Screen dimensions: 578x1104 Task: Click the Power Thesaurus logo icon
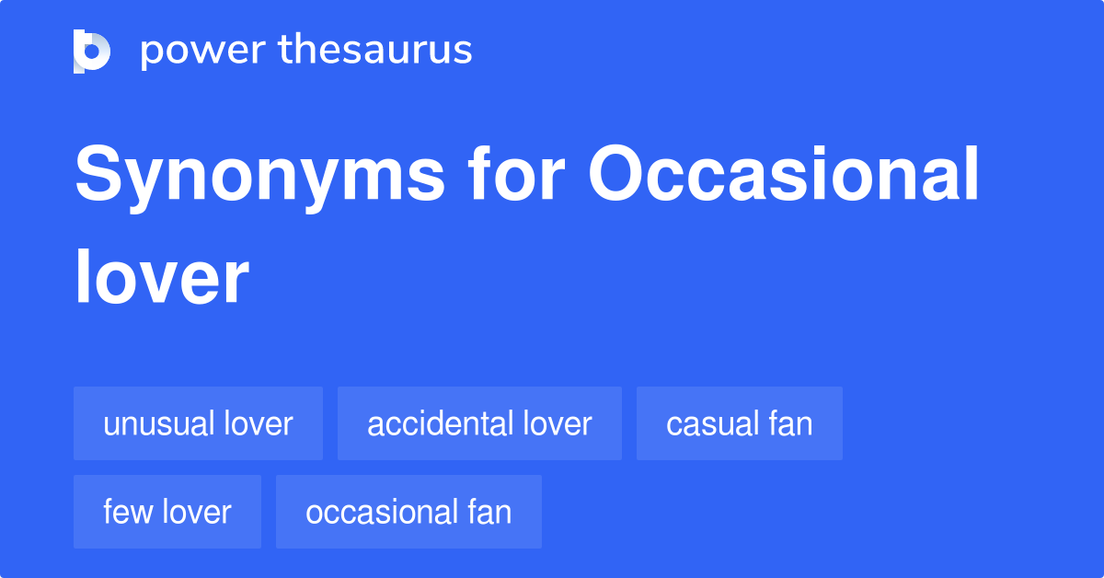pyautogui.click(x=92, y=51)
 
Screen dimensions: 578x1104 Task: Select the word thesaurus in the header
pyautogui.click(x=375, y=51)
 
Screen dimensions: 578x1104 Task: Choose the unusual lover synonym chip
pyautogui.click(x=198, y=424)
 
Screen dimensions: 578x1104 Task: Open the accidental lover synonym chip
pyautogui.click(x=479, y=424)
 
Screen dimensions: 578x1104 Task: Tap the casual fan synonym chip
pyautogui.click(x=739, y=424)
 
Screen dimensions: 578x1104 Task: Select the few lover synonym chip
pyautogui.click(x=167, y=512)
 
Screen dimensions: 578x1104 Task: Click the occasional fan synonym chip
pyautogui.click(x=408, y=512)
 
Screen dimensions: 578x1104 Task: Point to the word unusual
pyautogui.click(x=158, y=424)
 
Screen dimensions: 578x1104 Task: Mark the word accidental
pyautogui.click(x=440, y=424)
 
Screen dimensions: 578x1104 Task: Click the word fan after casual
pyautogui.click(x=791, y=424)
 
